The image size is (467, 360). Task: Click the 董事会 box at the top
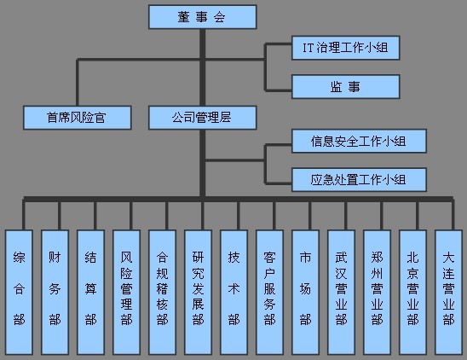(x=202, y=16)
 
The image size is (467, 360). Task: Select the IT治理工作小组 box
(x=345, y=49)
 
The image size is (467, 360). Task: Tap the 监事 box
(x=345, y=85)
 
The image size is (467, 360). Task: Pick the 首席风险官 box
(x=77, y=118)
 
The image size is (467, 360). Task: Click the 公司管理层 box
(x=202, y=118)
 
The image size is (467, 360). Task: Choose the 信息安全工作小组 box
(x=358, y=142)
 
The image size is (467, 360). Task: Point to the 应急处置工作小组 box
(x=358, y=179)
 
